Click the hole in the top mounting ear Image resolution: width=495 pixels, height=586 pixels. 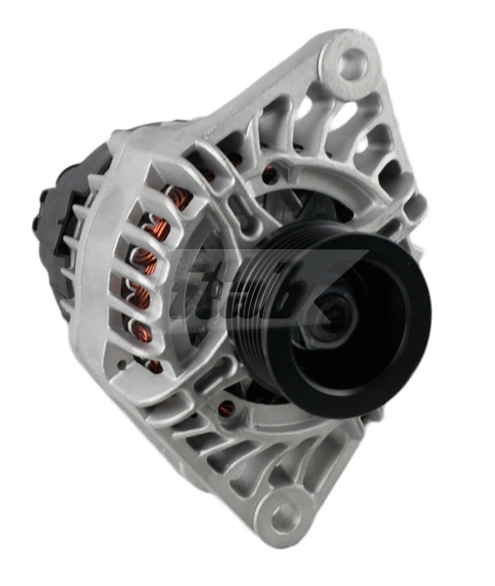pos(351,63)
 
